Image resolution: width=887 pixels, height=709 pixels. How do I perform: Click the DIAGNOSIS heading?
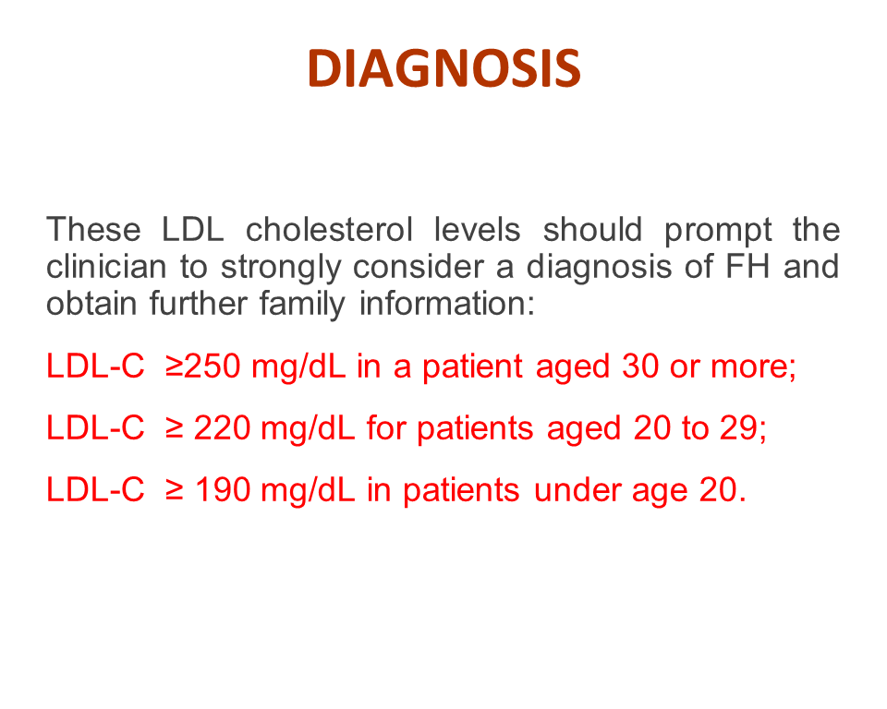tap(444, 68)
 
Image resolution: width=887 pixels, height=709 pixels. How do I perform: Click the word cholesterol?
tap(329, 230)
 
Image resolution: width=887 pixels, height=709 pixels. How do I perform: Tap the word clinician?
tap(106, 267)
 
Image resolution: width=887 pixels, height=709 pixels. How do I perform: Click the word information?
tap(447, 304)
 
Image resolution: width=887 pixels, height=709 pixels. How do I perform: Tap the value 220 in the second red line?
tap(223, 427)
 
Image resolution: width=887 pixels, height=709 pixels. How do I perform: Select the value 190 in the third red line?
tap(223, 489)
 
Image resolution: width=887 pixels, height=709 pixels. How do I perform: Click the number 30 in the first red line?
tap(640, 366)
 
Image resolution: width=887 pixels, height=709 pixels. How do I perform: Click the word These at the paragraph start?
tap(93, 230)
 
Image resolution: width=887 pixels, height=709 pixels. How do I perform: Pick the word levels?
tap(477, 230)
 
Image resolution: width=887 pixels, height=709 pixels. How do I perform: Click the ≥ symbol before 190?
tap(175, 490)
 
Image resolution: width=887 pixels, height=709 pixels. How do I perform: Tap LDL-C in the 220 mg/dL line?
tap(95, 427)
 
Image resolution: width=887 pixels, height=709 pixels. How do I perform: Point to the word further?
tap(199, 304)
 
